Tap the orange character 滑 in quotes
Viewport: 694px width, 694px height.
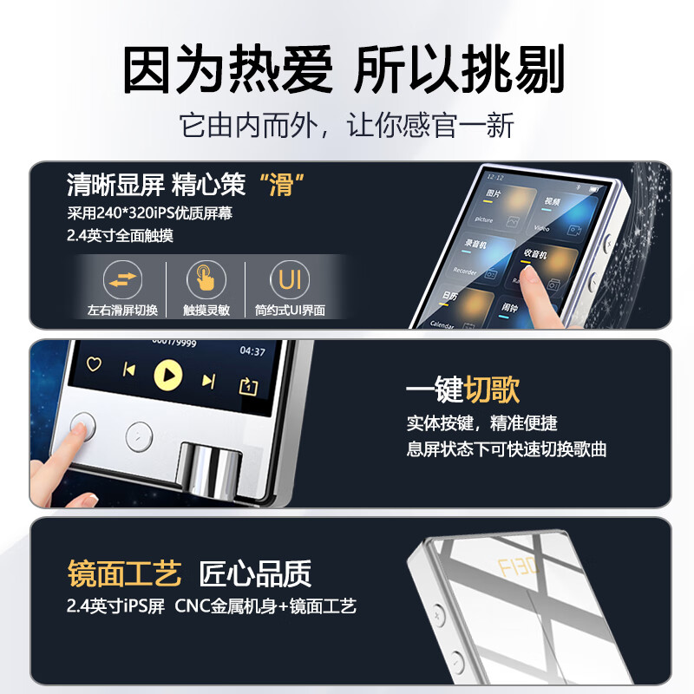pos(281,185)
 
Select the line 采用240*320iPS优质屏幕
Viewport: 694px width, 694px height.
pos(149,213)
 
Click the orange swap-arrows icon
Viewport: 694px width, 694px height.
pos(122,279)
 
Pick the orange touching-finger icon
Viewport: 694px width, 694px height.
pos(206,279)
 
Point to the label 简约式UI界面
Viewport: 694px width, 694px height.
pos(290,311)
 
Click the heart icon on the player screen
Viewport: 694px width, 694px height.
pos(93,364)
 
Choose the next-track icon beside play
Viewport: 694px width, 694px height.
pos(208,380)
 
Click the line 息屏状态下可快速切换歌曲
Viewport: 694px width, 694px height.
pos(507,449)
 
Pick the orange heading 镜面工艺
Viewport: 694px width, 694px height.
pos(125,573)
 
